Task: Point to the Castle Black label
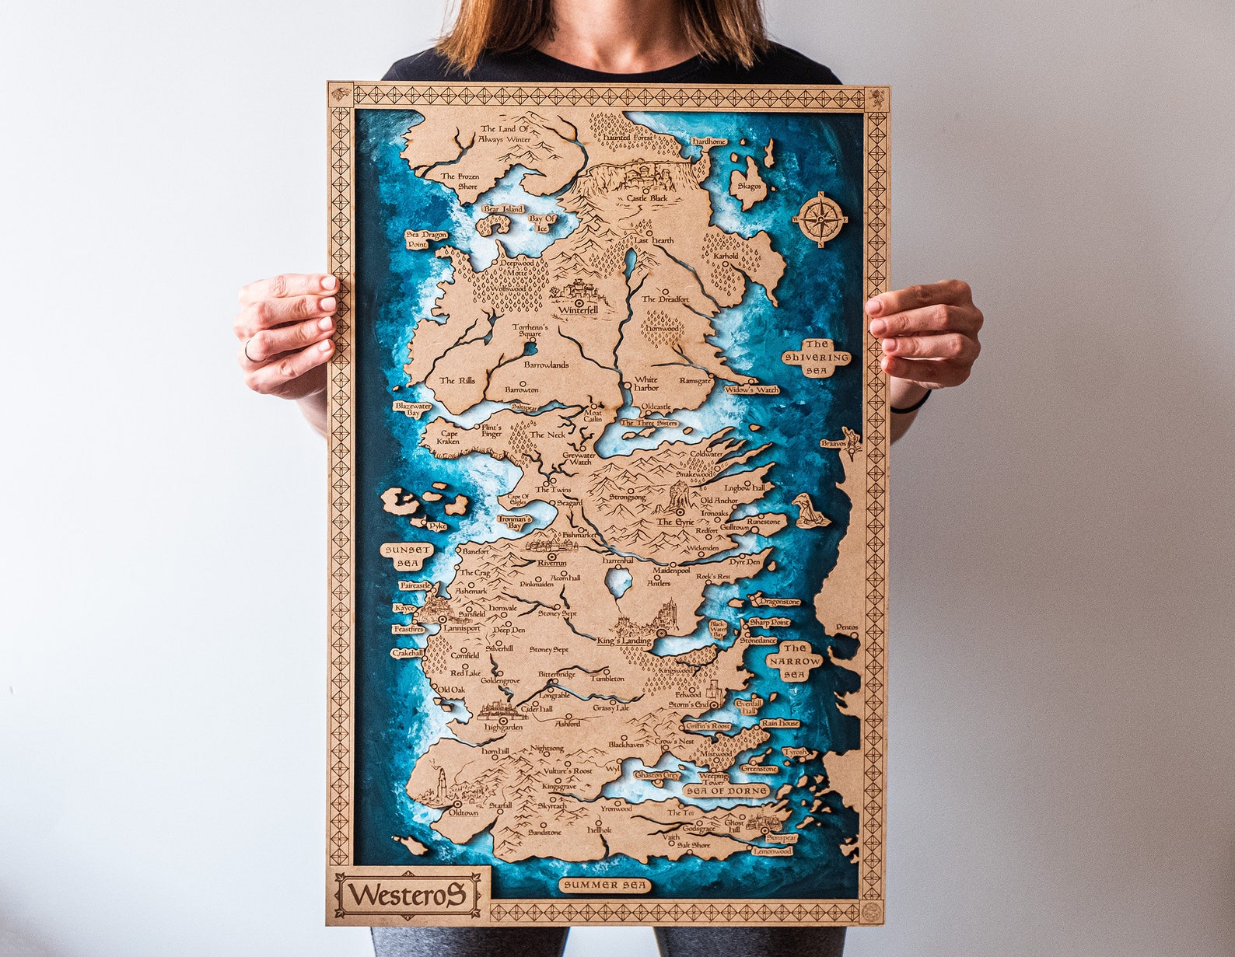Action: [x=647, y=199]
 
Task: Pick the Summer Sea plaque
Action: [x=605, y=885]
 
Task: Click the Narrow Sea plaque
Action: [x=794, y=662]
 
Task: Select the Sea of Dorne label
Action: [x=726, y=791]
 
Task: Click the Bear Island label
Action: [x=503, y=209]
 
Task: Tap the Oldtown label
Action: [x=464, y=812]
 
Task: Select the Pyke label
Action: [x=437, y=526]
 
